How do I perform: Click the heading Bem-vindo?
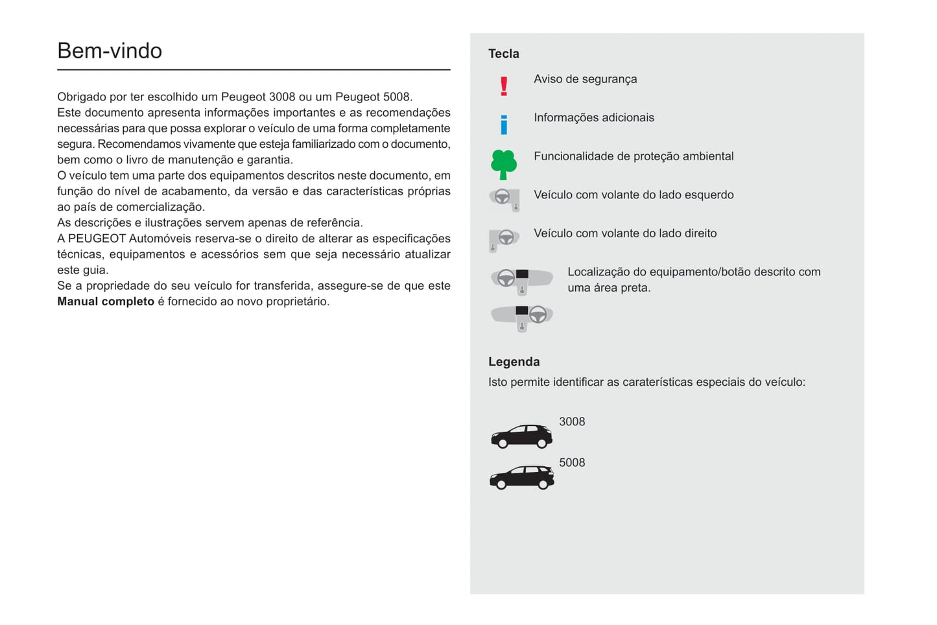click(110, 51)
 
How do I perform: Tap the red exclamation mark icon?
click(504, 86)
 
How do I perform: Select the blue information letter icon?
click(504, 124)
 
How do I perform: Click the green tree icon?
click(504, 164)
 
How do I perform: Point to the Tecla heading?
click(504, 54)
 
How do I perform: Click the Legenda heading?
click(514, 362)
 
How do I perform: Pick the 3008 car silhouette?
click(521, 436)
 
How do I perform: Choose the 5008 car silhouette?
click(521, 477)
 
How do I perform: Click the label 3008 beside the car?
click(572, 421)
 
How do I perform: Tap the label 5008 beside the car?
click(572, 462)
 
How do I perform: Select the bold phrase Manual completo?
click(106, 301)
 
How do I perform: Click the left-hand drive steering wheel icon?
click(504, 199)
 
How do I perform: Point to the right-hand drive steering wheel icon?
click(504, 239)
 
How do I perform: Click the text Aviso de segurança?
click(585, 79)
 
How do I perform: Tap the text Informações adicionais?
click(593, 117)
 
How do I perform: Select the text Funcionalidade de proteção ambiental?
click(634, 156)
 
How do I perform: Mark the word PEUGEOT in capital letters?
click(97, 239)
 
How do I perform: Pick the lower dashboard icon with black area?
click(521, 317)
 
